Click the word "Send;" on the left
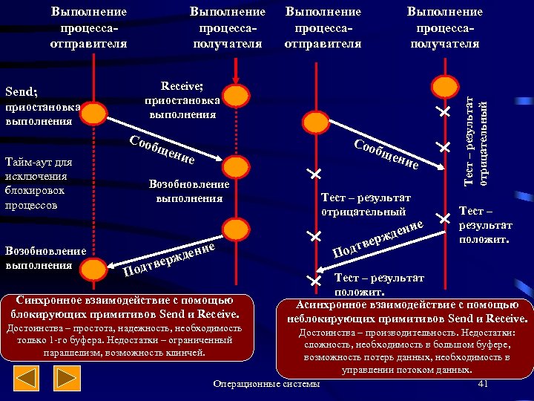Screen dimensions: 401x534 [22, 93]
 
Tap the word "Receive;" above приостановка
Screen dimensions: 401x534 [182, 85]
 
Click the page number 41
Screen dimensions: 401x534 [483, 383]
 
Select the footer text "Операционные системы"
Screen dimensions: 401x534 [266, 383]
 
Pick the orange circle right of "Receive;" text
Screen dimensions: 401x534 [235, 95]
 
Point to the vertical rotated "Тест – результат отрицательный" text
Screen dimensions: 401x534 [475, 142]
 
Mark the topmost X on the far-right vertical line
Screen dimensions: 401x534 [444, 112]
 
